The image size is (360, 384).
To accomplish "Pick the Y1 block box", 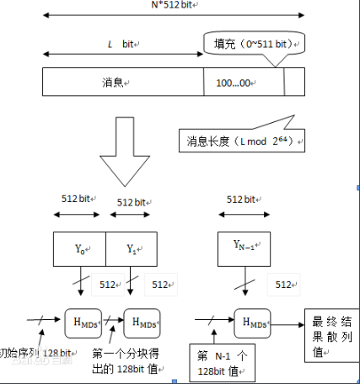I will tap(132, 248).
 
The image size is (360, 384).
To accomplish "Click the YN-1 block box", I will tap(244, 246).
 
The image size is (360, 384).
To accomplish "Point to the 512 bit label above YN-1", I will tap(244, 200).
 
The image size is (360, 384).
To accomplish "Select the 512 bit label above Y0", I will tap(78, 200).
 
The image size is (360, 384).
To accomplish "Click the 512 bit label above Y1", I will tap(132, 203).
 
